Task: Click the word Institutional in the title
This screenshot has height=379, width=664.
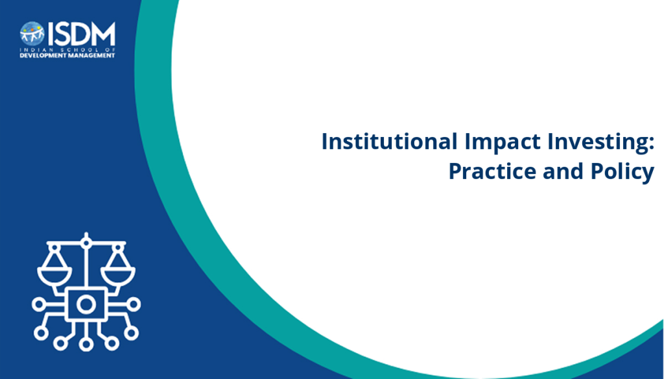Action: [x=389, y=141]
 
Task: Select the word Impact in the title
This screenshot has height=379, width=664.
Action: [x=503, y=142]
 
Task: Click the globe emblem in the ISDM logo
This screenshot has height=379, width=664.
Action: [x=32, y=34]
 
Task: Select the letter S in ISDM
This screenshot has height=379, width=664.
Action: [x=60, y=34]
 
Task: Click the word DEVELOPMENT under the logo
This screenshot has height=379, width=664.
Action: [x=41, y=56]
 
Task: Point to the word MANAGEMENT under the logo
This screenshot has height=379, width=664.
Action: [x=89, y=56]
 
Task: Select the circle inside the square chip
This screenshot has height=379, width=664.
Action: [x=86, y=304]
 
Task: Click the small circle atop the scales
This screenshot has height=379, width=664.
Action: [x=86, y=243]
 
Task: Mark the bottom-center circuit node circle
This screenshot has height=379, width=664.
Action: [x=86, y=343]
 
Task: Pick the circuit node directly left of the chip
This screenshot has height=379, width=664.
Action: [x=39, y=304]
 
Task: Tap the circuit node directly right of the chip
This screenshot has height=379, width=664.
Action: [x=134, y=304]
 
